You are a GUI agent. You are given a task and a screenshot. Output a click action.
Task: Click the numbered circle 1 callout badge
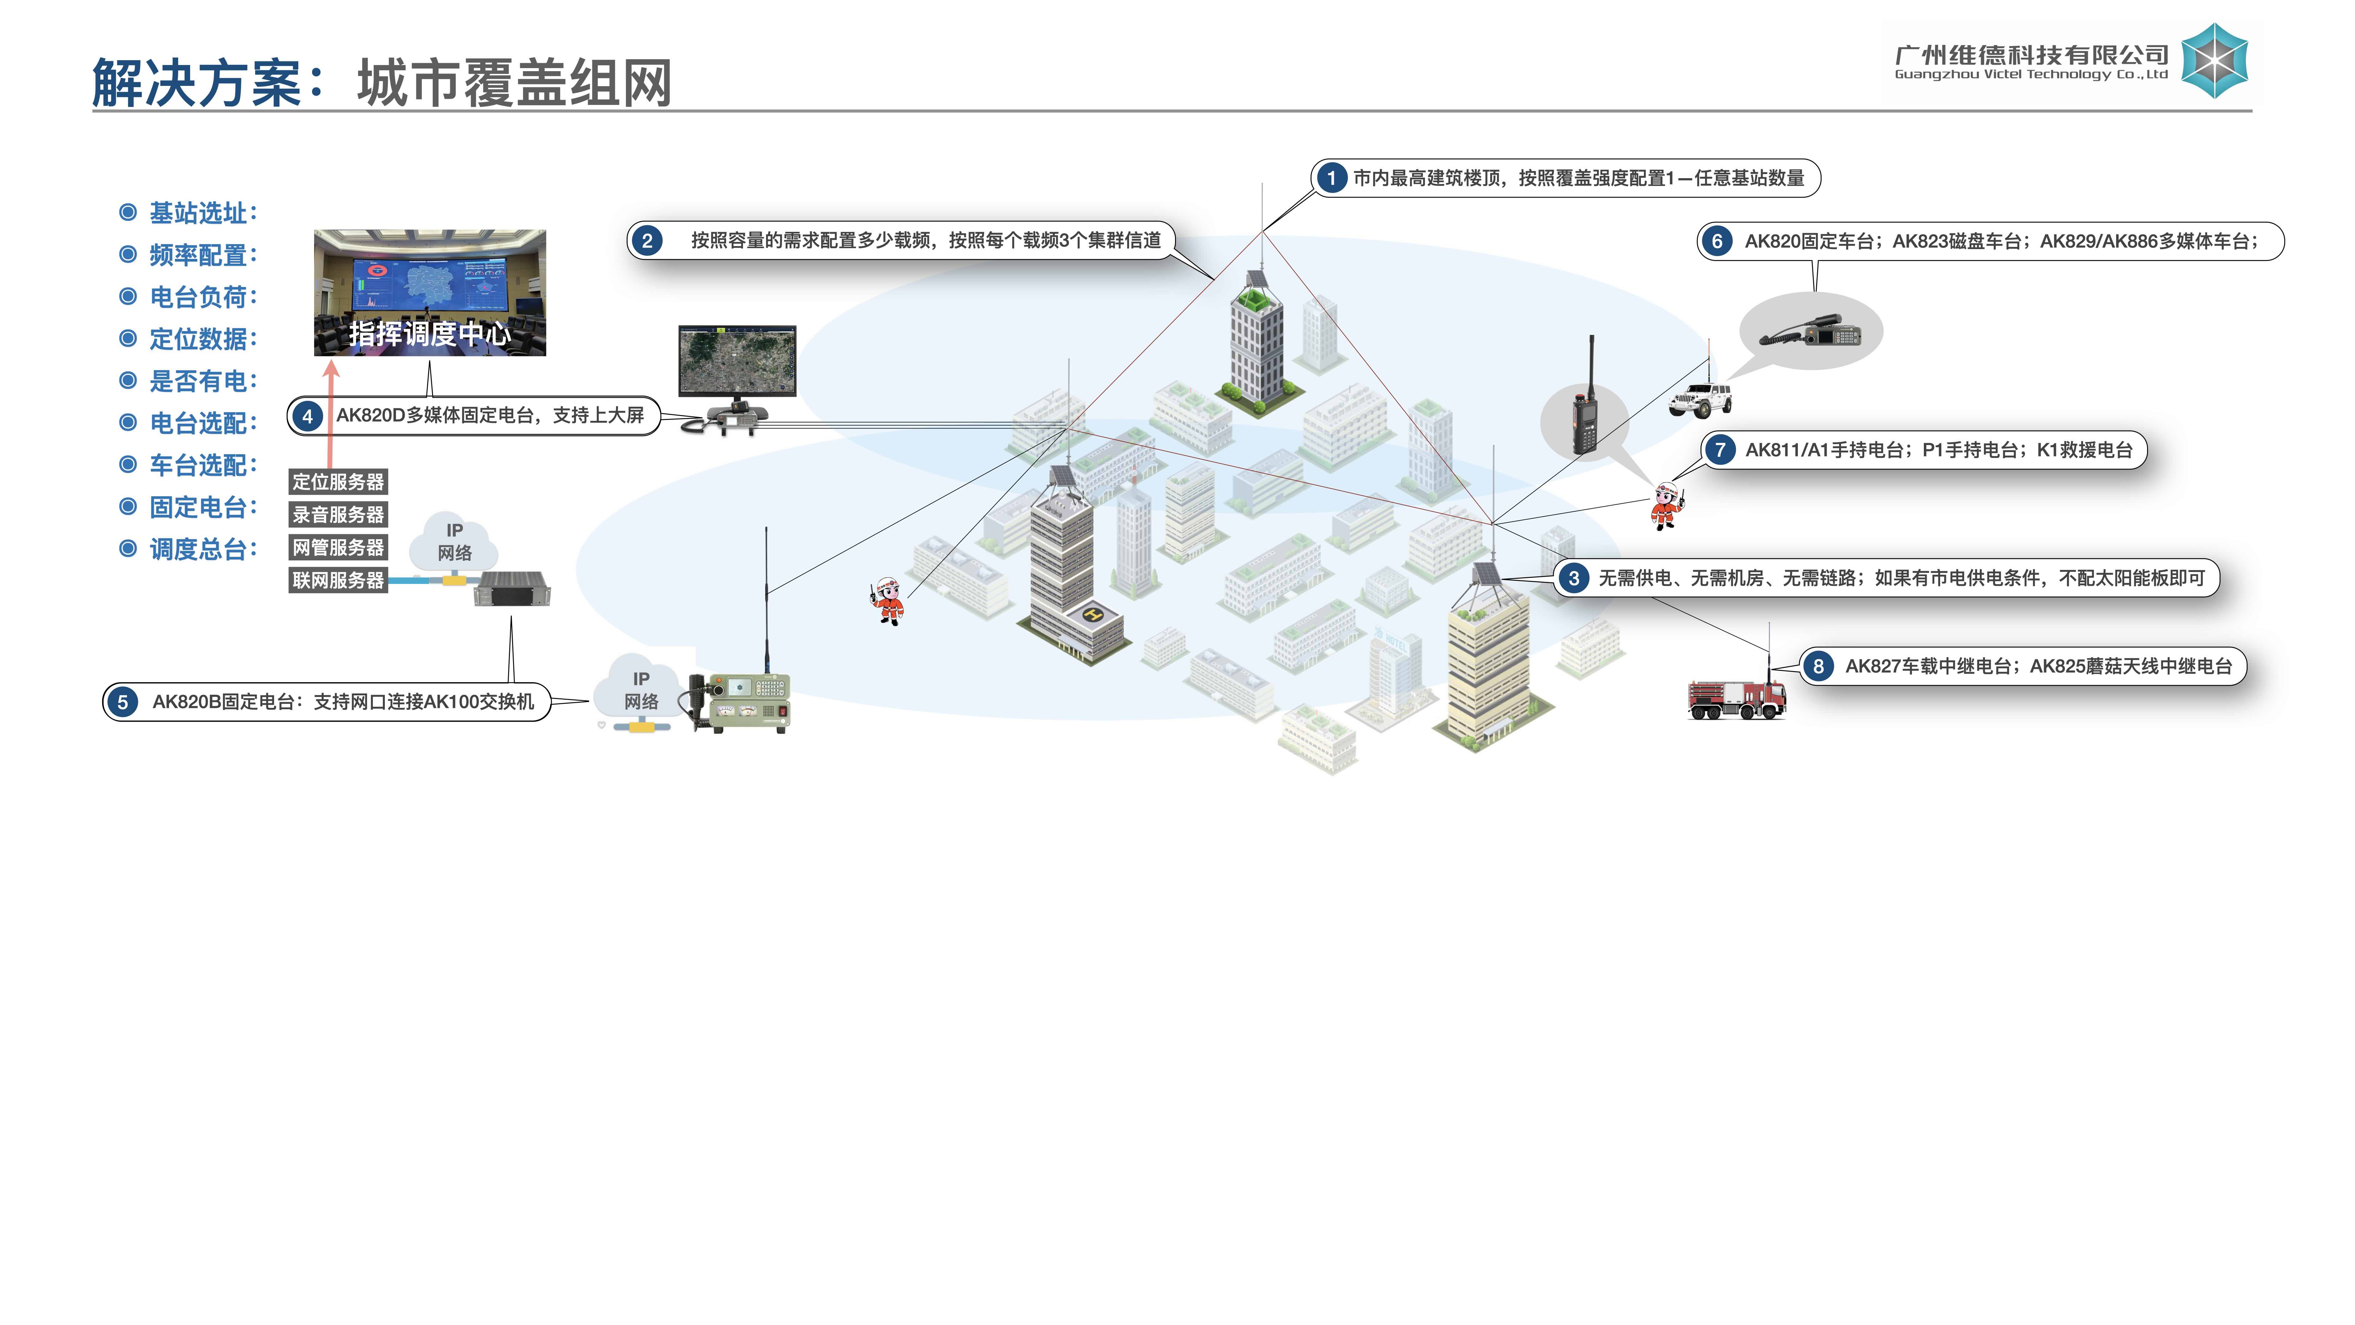(1331, 178)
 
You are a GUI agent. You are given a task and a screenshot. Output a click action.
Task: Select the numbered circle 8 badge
(1817, 666)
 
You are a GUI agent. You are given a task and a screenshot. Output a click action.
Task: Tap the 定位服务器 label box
(338, 482)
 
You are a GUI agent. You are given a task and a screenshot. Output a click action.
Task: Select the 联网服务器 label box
(338, 581)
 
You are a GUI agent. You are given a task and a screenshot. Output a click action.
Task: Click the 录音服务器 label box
(338, 515)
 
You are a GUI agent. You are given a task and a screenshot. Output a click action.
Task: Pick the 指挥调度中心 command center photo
(430, 293)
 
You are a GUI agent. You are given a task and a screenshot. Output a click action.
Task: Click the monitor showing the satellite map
(737, 361)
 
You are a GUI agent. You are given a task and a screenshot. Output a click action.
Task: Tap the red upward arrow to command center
(331, 412)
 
